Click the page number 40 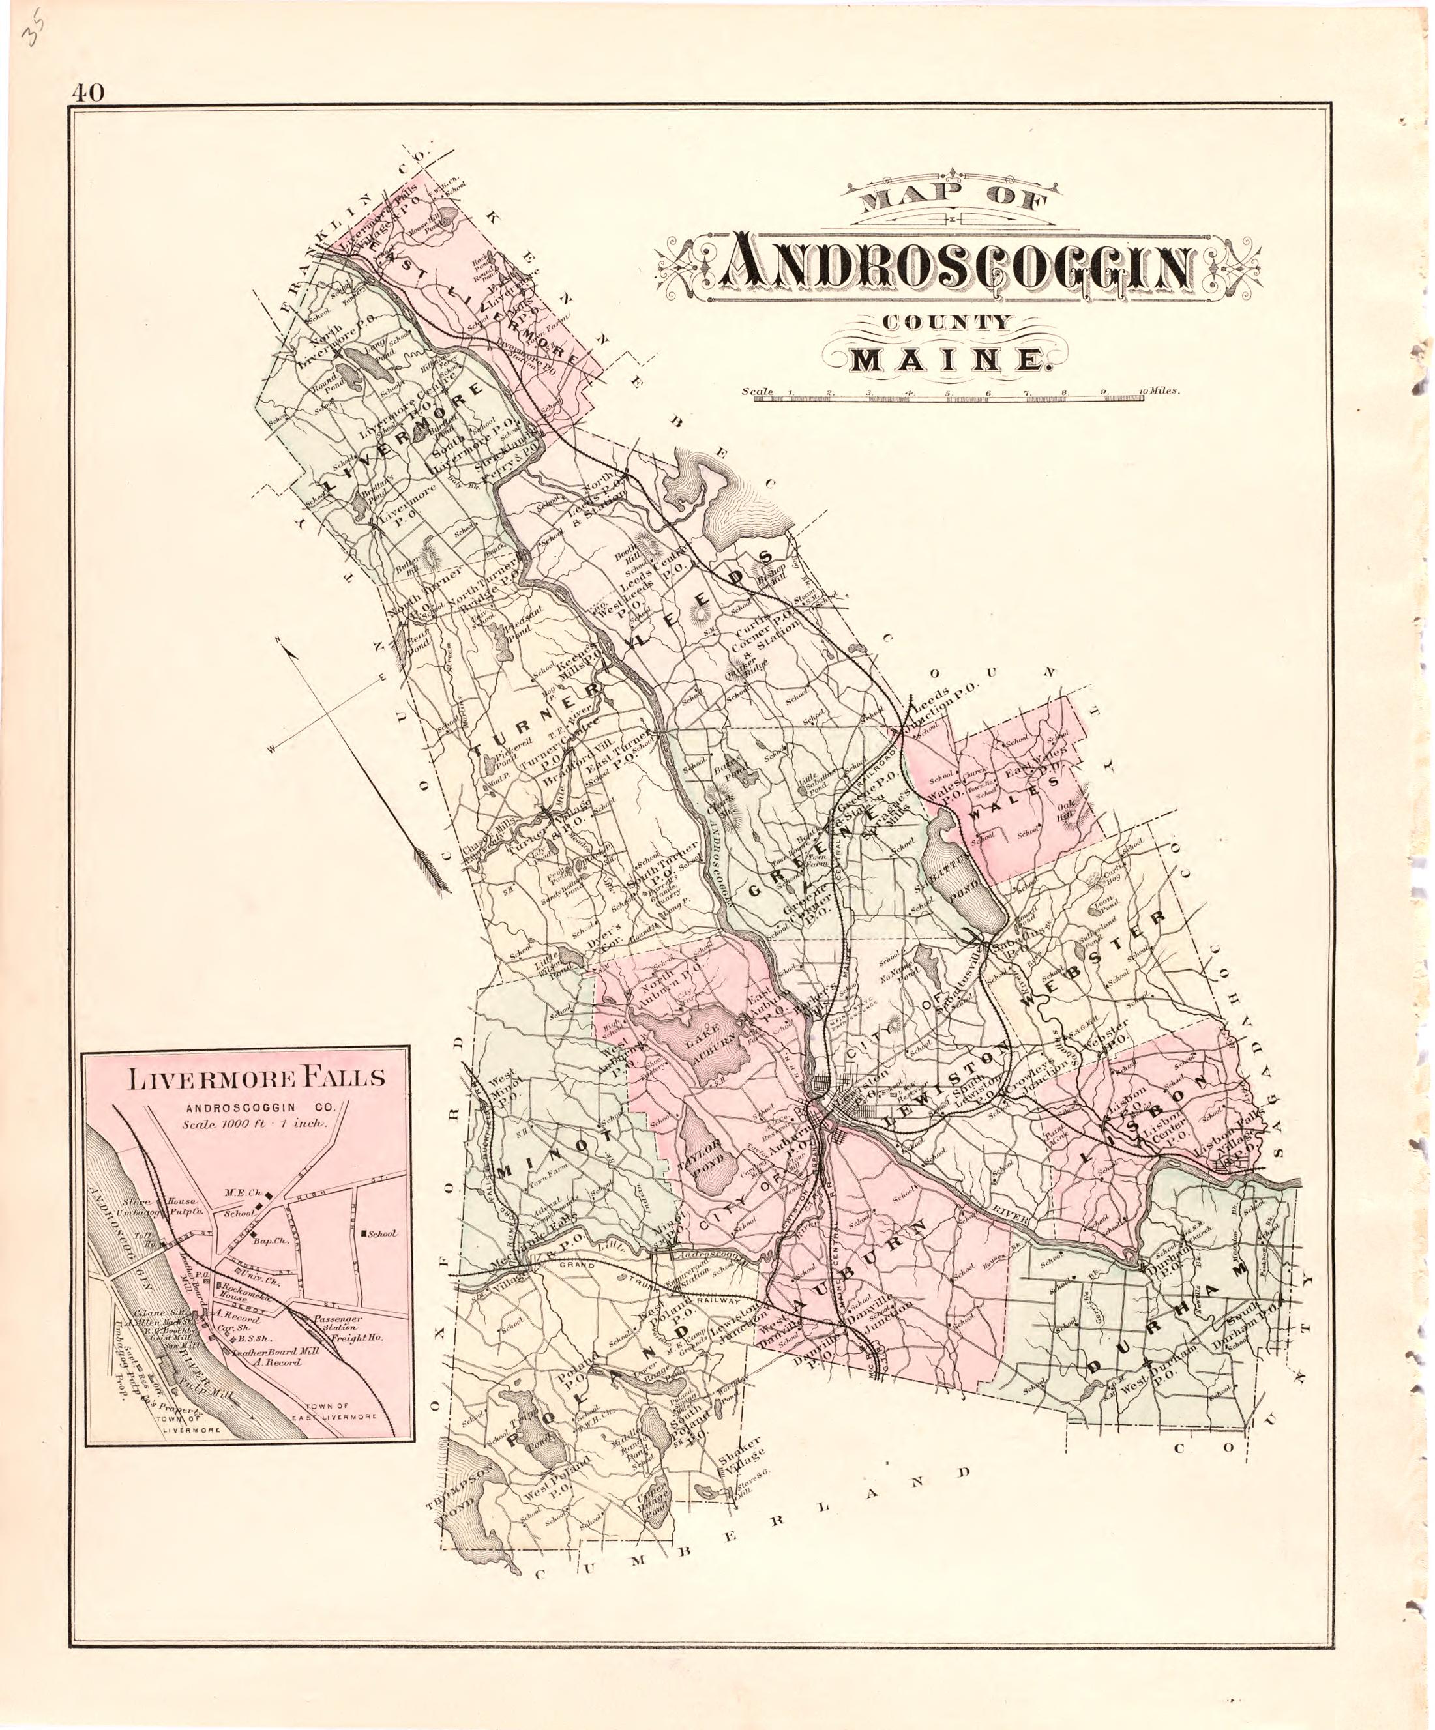pyautogui.click(x=87, y=93)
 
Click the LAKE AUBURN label pyautogui.click(x=709, y=1036)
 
